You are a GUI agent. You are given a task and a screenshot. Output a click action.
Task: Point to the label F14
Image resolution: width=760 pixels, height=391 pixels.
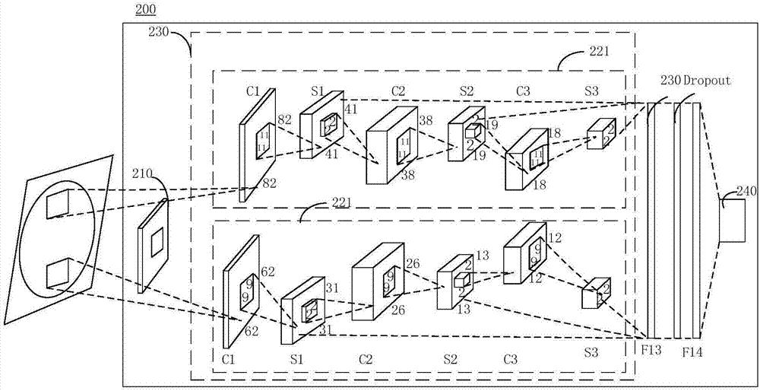692,352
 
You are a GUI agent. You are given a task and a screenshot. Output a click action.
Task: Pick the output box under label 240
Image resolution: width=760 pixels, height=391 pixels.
732,221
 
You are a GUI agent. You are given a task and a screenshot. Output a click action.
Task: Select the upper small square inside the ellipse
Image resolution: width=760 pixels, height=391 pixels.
59,205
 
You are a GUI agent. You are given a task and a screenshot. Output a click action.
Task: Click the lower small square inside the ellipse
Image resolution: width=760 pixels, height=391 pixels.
59,273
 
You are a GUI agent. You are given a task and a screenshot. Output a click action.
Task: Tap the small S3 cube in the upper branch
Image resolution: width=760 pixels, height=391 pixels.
600,133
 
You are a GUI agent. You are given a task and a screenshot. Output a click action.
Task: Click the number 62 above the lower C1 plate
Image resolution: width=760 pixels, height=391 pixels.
268,271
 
